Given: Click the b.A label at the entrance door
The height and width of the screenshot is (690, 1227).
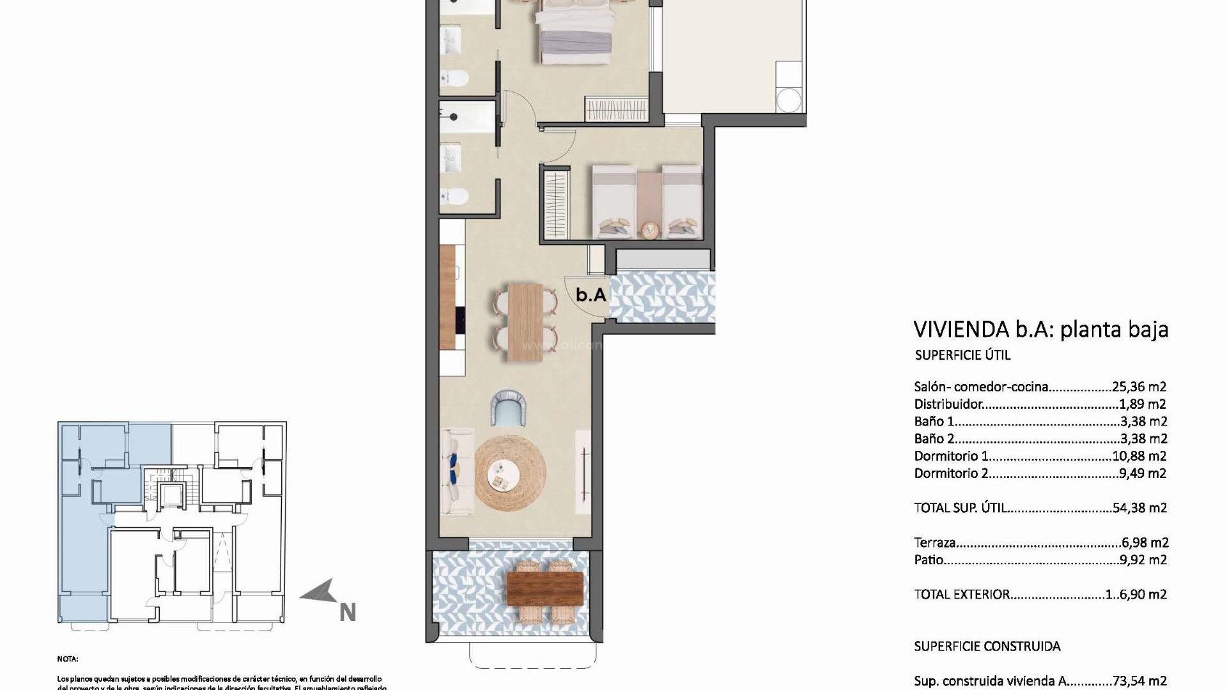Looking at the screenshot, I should point(590,295).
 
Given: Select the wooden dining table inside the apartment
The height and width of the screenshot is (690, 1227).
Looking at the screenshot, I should point(525,322).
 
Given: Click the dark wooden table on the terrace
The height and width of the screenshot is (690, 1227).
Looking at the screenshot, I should point(544,588).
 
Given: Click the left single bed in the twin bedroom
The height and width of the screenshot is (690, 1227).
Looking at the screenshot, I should point(614,201).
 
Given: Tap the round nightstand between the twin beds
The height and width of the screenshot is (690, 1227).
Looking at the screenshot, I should point(650,229).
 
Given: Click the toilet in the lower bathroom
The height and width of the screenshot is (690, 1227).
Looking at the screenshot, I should point(455,195).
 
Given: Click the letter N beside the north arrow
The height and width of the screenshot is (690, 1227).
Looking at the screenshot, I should point(347,613).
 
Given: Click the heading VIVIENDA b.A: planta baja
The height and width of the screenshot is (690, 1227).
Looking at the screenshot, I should point(1041,329).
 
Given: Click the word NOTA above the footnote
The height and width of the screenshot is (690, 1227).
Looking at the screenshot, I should point(67,659).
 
